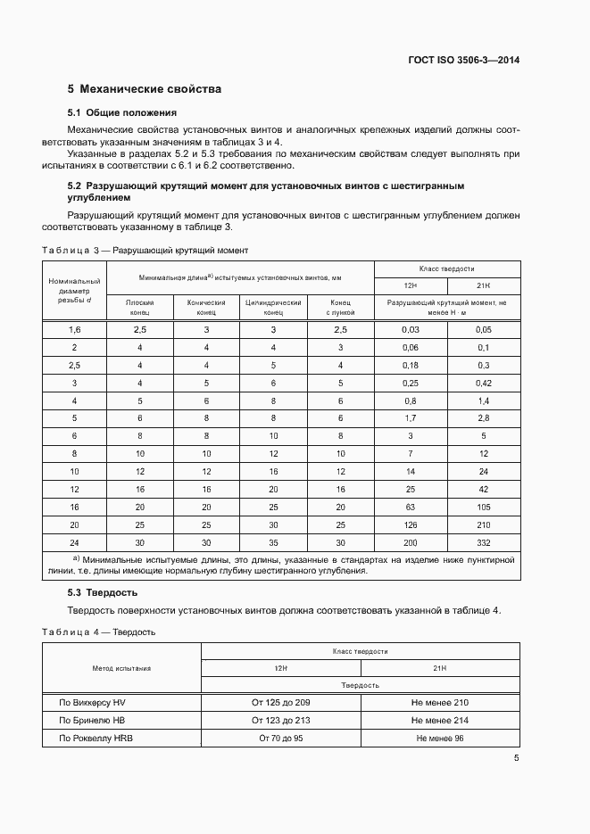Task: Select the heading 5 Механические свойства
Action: tap(145, 89)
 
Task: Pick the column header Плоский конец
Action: tap(139, 308)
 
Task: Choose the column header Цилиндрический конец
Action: tap(273, 308)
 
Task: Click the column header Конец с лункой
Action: tap(340, 308)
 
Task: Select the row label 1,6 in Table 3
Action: tap(75, 330)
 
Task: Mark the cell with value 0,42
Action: tap(483, 383)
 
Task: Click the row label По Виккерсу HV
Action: tap(93, 703)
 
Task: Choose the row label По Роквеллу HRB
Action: tap(96, 739)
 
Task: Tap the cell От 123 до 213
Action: tap(281, 721)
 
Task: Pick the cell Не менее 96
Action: tap(440, 739)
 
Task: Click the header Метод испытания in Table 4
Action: tap(121, 667)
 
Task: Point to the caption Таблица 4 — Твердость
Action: tap(99, 632)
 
